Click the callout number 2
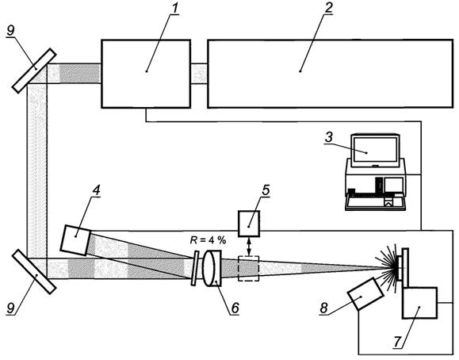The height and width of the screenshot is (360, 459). tap(328, 8)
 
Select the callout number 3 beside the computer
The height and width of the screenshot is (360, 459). tap(329, 137)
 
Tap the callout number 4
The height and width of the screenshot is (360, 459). tap(96, 190)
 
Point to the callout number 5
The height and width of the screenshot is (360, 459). tap(266, 190)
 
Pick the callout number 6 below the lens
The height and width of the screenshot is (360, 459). tap(235, 308)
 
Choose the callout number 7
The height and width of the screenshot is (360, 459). tap(396, 341)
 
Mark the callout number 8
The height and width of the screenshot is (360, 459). tap(324, 308)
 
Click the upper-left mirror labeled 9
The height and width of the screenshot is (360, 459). tap(34, 71)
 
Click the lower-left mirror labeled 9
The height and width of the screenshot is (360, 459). tap(34, 271)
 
